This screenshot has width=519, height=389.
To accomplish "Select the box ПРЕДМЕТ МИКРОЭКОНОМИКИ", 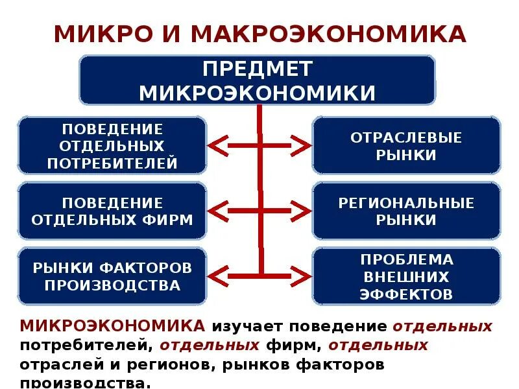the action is tap(257, 80).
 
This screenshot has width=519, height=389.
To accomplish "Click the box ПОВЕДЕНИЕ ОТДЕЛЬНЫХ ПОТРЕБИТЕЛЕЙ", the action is tap(112, 146).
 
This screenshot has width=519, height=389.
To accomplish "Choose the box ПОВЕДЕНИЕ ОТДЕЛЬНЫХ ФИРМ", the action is tap(112, 211).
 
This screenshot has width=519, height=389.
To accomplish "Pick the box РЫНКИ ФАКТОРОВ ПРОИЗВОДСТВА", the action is tap(112, 276).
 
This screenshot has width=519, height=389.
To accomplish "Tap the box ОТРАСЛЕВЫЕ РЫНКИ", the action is tap(406, 146).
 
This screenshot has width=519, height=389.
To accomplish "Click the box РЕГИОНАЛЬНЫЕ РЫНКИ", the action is tap(406, 211).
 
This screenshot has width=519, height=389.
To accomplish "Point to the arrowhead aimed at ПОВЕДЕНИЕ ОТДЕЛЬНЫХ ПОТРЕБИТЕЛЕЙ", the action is tap(216, 145).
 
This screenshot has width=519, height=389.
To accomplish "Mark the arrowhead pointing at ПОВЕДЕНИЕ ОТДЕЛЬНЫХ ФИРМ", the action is tap(216, 210).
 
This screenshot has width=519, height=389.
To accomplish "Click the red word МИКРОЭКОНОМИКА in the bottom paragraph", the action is tap(114, 325).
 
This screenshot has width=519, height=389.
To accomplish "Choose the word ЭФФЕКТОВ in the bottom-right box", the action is tap(406, 294).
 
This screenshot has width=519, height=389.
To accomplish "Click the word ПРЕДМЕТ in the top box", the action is tap(257, 69).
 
